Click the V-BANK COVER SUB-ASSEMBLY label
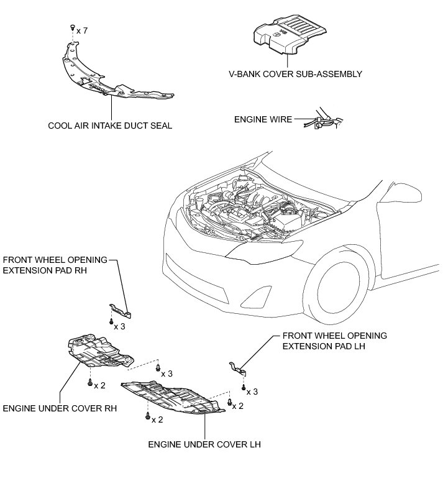[295, 74]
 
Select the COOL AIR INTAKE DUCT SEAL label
[110, 126]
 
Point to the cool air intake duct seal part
[112, 78]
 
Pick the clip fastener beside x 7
[72, 28]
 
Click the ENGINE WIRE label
[263, 119]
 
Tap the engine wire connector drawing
[323, 120]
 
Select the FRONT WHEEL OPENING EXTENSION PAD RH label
[55, 265]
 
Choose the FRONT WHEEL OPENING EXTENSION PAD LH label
[334, 341]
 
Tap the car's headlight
[255, 249]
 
